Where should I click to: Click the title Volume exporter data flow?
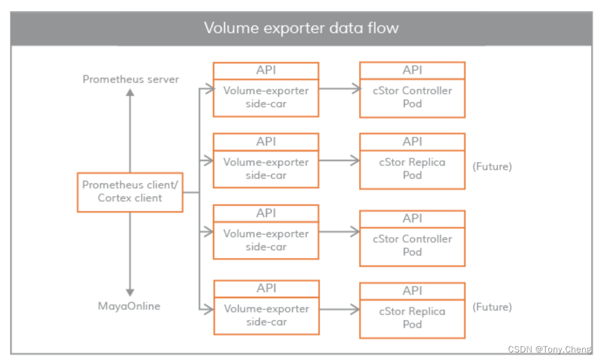[301, 28]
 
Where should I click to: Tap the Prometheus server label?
[130, 79]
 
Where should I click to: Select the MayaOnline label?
[129, 306]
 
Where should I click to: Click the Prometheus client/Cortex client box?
[130, 191]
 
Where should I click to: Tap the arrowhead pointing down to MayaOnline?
[130, 293]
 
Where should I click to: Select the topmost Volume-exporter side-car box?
[266, 97]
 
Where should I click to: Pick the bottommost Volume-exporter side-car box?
[267, 315]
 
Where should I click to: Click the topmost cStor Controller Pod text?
[412, 97]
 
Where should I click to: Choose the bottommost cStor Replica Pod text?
[412, 318]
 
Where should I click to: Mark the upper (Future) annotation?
[492, 166]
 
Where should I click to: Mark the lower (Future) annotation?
[492, 306]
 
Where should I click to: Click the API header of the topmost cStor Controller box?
[412, 70]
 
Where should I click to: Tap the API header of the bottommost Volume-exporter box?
[267, 288]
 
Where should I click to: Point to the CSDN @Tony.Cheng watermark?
[549, 349]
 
